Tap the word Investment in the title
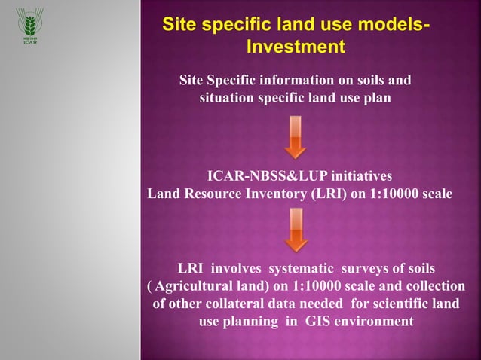[296, 47]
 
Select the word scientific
[399, 304]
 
